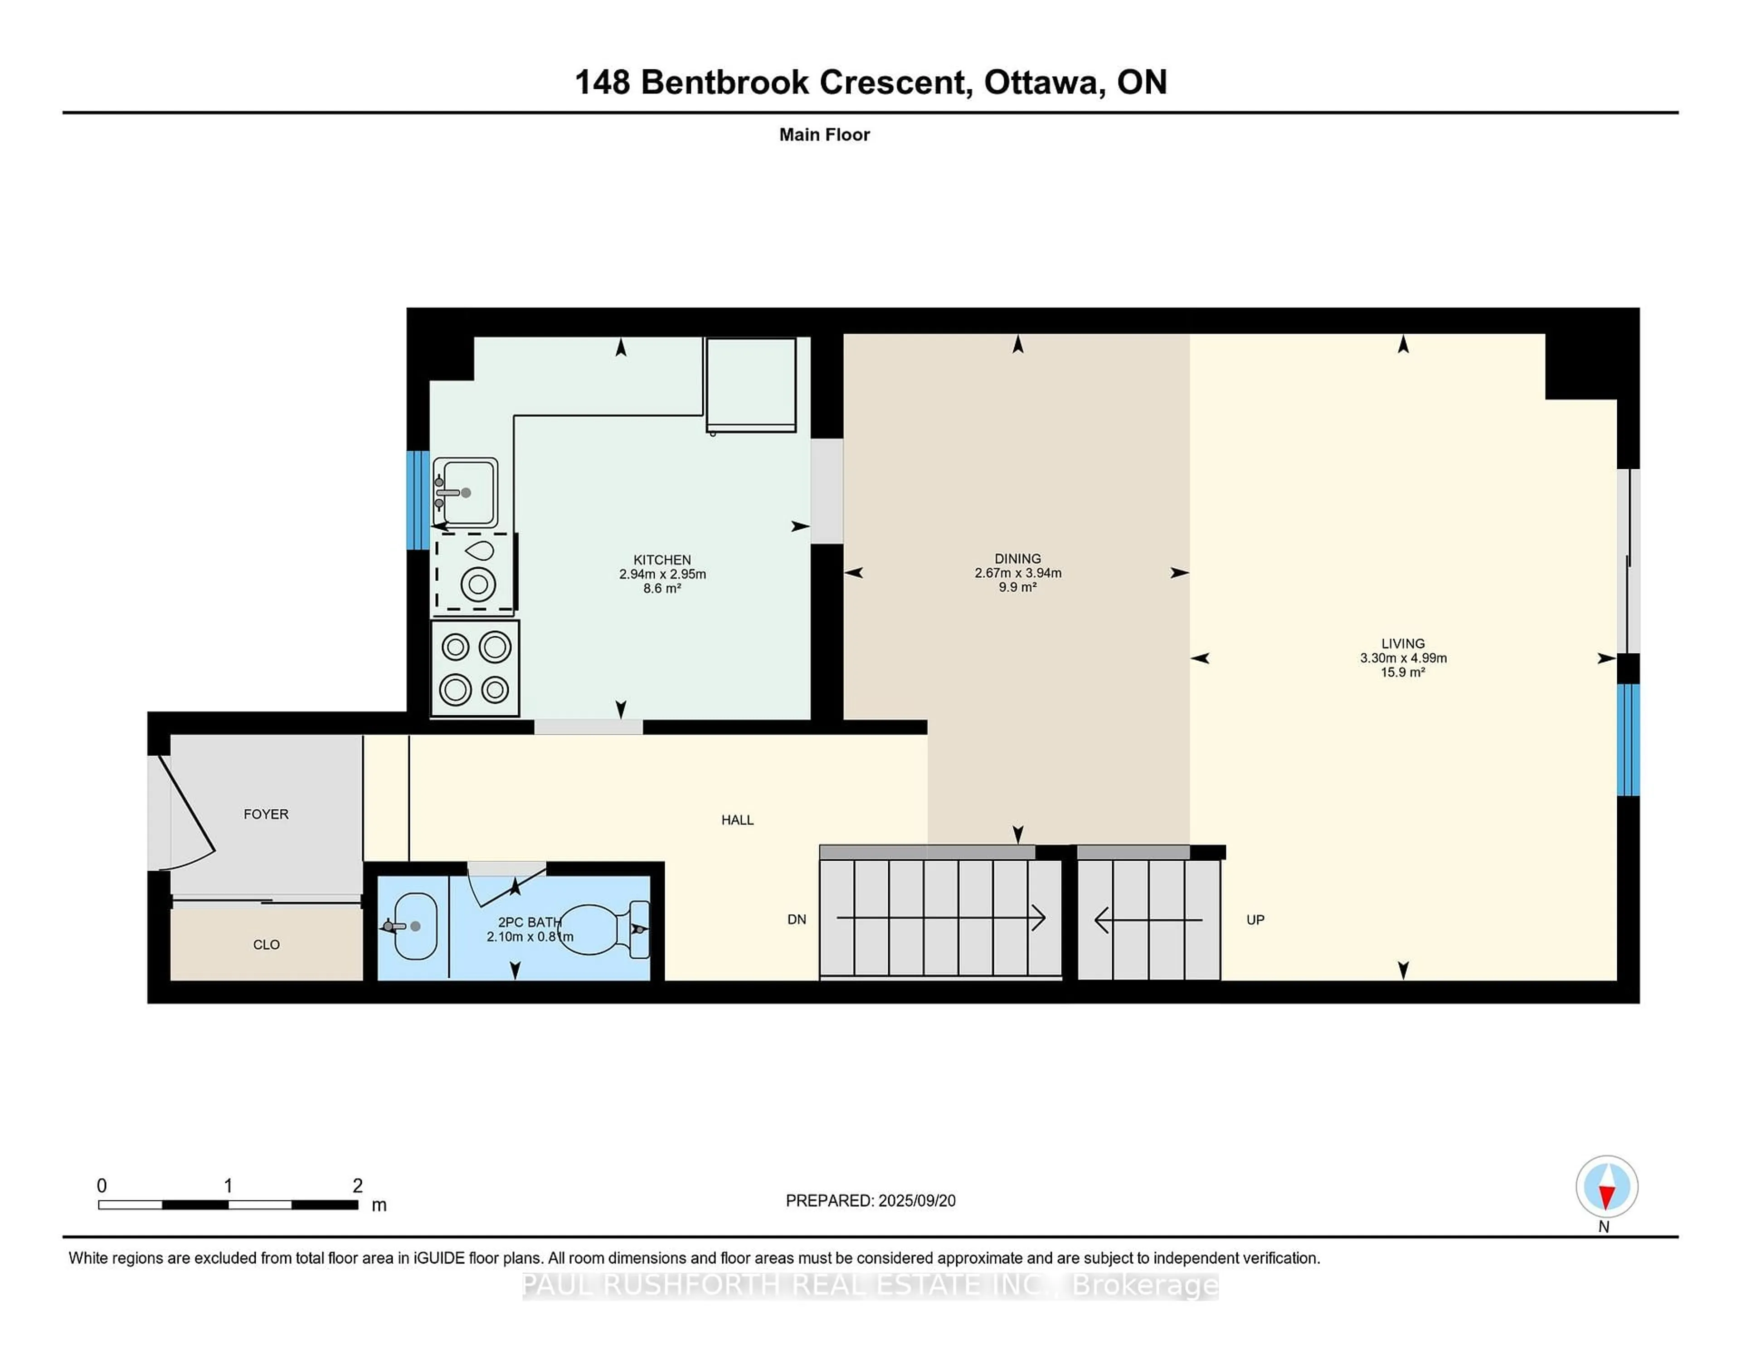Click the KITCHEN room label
(x=661, y=560)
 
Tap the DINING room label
(x=1017, y=558)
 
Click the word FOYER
(x=265, y=814)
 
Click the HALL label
(x=737, y=820)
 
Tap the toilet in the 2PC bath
(x=606, y=929)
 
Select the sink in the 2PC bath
(x=414, y=927)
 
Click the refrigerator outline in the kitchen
(x=750, y=384)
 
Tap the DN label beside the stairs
(x=796, y=919)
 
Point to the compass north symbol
(x=1606, y=1186)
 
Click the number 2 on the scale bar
(x=357, y=1186)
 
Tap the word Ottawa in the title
(x=1044, y=82)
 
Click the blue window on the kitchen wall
(x=418, y=500)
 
